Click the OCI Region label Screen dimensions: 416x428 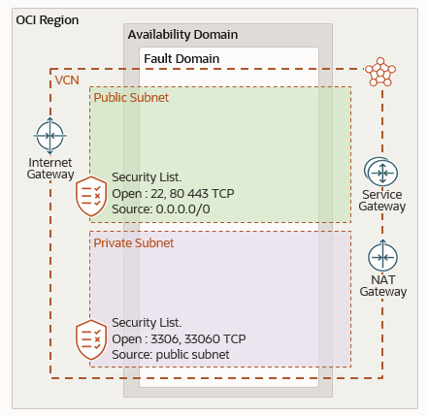point(48,19)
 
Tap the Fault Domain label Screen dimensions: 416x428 point(181,58)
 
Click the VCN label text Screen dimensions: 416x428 point(67,79)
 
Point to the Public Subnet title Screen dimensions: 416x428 point(131,97)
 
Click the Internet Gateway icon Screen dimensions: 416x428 point(49,134)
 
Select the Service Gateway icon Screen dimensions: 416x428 point(381,172)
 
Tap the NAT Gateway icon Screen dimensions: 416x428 point(381,257)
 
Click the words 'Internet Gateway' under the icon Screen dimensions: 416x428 point(50,168)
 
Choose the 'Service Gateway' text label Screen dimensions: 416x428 point(381,200)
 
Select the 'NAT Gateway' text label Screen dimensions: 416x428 point(381,285)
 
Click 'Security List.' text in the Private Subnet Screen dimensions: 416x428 point(147,322)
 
